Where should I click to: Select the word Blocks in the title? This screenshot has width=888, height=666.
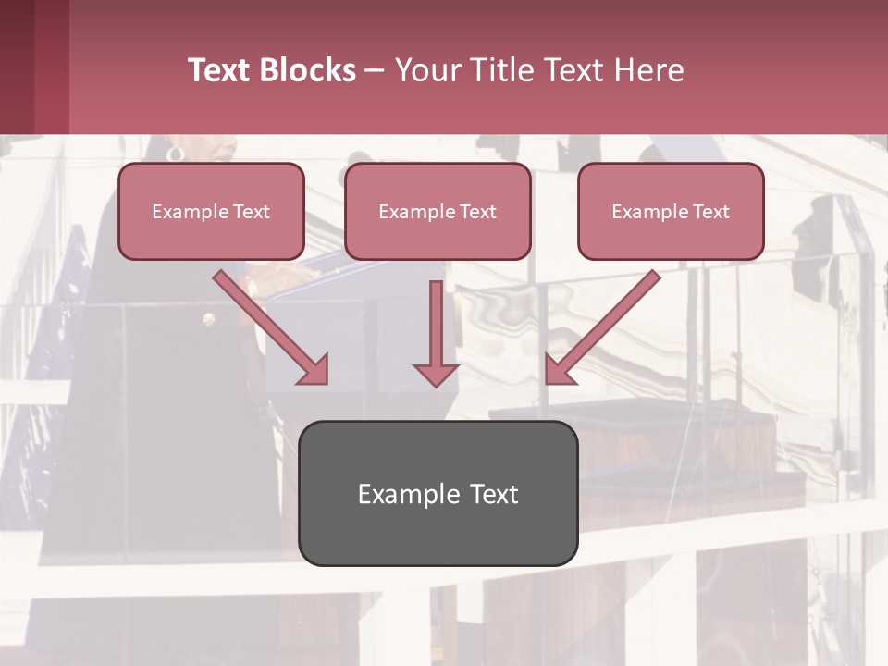[x=309, y=70]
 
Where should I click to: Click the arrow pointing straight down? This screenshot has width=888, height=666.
[x=436, y=333]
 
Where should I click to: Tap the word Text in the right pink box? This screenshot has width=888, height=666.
[x=711, y=212]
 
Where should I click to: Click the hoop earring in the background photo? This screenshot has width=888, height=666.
[x=175, y=153]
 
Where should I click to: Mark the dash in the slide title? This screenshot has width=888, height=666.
[x=375, y=70]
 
